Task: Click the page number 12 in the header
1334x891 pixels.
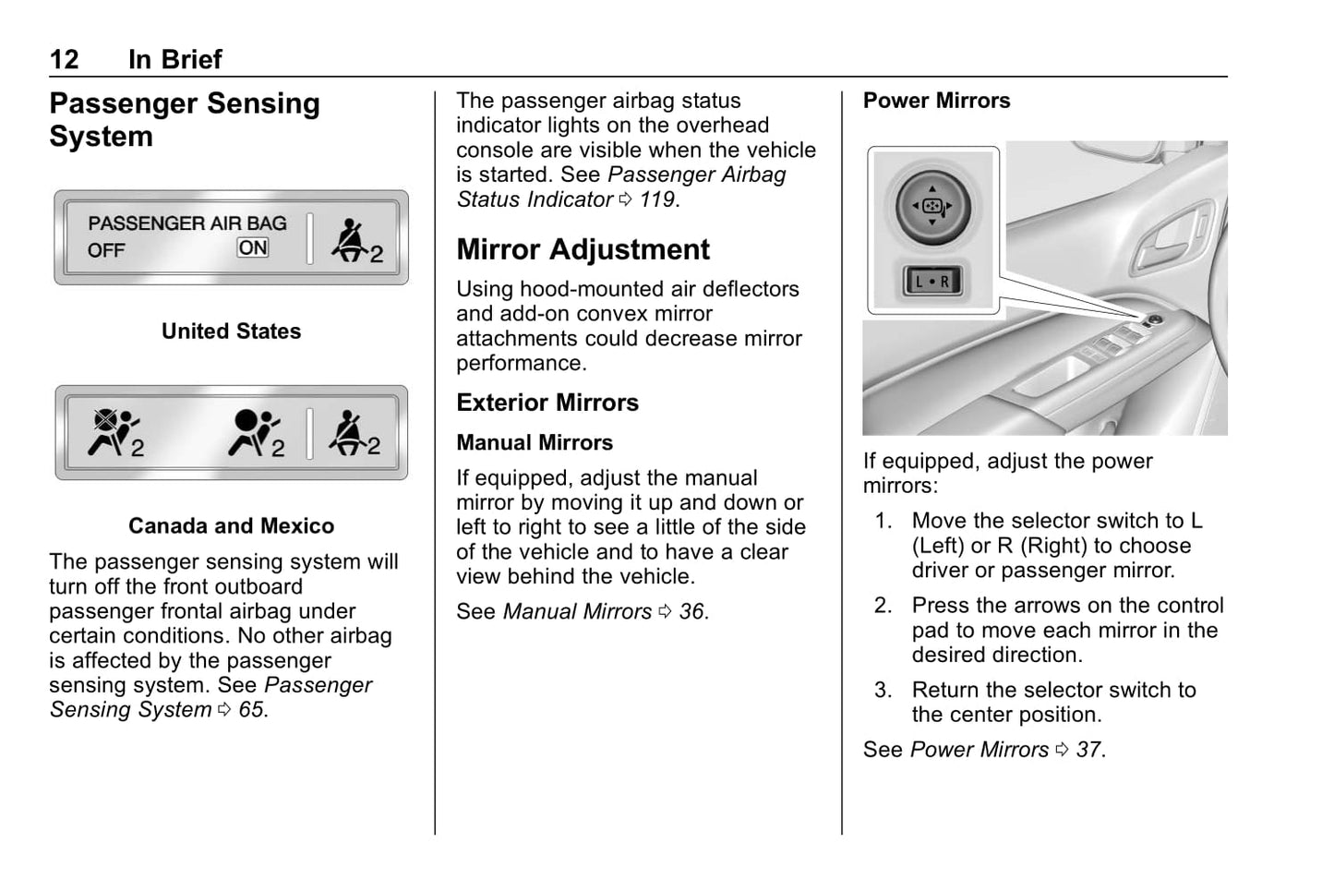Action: tap(64, 60)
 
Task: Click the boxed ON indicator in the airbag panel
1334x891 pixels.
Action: tap(253, 247)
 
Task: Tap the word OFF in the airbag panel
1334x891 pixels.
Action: tap(106, 250)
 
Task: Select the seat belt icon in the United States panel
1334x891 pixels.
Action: tap(355, 240)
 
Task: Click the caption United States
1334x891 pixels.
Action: tap(231, 331)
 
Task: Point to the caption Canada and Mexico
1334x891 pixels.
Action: tap(231, 526)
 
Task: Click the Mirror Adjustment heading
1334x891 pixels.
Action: tap(583, 249)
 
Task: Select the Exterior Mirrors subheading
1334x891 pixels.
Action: tap(547, 403)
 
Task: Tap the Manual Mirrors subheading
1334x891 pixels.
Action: tap(534, 443)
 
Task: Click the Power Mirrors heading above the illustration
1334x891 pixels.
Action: tap(936, 101)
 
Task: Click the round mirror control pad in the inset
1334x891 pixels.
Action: tap(931, 206)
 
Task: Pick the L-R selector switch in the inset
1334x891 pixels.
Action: tap(931, 282)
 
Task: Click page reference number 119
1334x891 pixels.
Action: tap(657, 199)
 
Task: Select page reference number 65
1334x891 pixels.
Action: tap(251, 710)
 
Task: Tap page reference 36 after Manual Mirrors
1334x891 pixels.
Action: tap(691, 612)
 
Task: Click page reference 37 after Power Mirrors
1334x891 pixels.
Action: tap(1088, 750)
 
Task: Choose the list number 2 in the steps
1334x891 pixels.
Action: tap(883, 606)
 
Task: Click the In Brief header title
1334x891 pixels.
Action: tap(174, 60)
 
